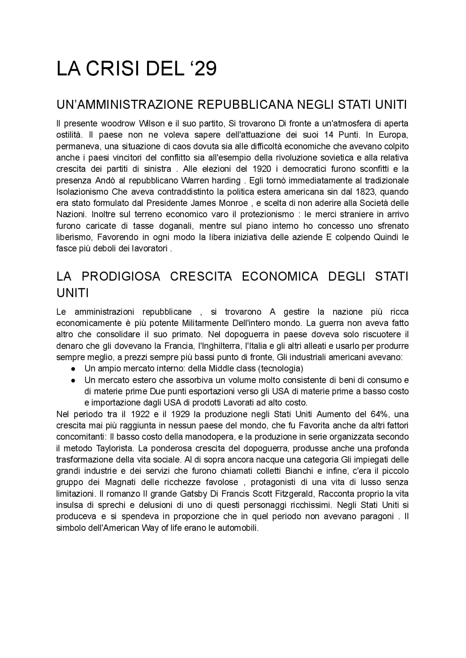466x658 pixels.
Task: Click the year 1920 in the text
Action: click(x=261, y=169)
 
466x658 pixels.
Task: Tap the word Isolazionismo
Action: click(x=82, y=192)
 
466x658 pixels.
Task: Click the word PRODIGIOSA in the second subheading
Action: click(x=121, y=277)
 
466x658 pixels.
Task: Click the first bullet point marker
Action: click(x=73, y=369)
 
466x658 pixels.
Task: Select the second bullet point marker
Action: click(x=73, y=380)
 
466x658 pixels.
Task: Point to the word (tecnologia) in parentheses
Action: click(x=280, y=369)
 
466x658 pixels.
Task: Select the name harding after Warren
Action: click(x=228, y=181)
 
